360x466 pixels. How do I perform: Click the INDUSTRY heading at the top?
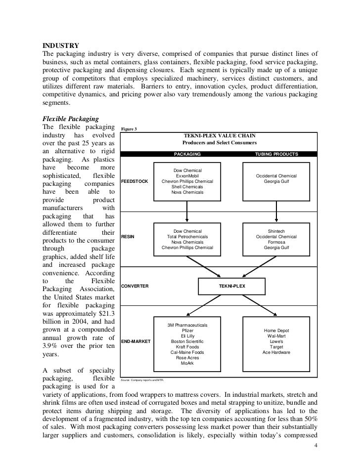pos(59,46)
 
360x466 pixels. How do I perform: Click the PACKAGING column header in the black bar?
pos(187,154)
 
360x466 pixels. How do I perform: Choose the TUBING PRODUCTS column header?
pos(276,154)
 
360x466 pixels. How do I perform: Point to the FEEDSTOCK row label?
pos(134,182)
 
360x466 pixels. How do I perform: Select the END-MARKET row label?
pos(136,341)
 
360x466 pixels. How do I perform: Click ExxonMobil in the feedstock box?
pos(187,176)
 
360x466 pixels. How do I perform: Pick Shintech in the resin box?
pos(276,231)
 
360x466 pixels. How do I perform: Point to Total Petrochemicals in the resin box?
pos(187,237)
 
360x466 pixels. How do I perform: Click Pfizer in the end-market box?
pos(187,330)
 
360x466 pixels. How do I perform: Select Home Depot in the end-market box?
pos(276,331)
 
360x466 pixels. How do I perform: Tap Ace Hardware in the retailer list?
pos(276,353)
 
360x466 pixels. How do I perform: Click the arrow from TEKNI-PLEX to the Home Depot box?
pos(262,304)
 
